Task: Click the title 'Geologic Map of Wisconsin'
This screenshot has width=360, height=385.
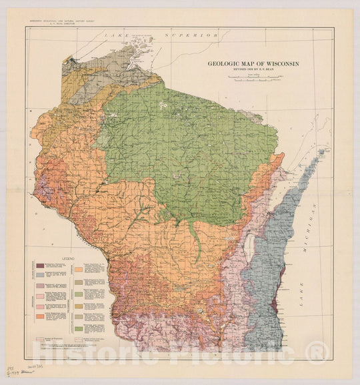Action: [253, 64]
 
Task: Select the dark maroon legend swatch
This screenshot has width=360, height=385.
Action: [39, 265]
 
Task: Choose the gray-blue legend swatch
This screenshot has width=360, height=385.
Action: [39, 274]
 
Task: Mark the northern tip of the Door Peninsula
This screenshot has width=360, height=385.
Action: [326, 151]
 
